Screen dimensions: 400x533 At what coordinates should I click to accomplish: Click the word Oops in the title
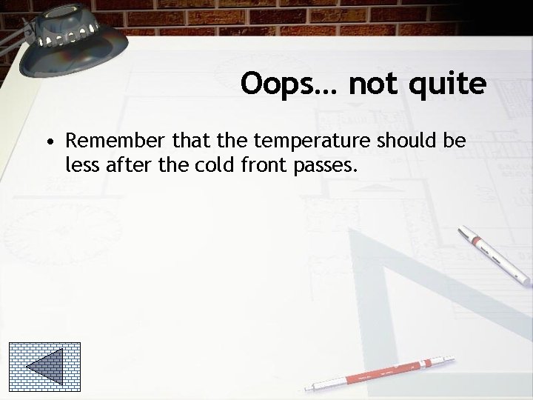point(280,84)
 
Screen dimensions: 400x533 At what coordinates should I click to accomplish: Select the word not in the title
point(372,84)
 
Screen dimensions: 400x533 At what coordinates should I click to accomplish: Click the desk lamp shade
point(56,41)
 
